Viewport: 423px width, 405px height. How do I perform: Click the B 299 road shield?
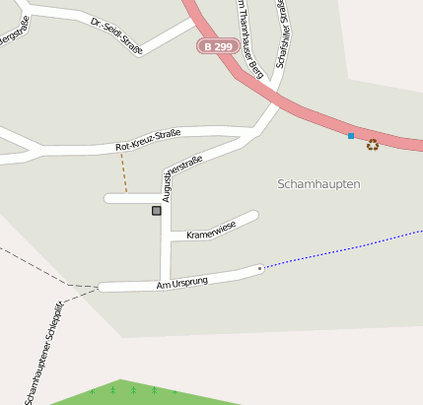(x=217, y=46)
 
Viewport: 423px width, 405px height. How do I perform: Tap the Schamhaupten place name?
(x=318, y=184)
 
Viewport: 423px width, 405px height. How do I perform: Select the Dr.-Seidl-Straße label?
(x=116, y=34)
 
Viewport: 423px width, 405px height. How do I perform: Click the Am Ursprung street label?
(x=182, y=284)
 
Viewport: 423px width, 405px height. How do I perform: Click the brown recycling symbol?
(x=373, y=145)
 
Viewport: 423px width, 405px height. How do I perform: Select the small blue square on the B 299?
(x=351, y=135)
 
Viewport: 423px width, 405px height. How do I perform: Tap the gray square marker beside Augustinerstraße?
(x=156, y=210)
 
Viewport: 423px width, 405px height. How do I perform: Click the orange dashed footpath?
(x=124, y=171)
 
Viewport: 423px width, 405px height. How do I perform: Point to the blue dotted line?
(x=345, y=249)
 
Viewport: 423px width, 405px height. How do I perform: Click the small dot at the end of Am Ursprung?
(x=259, y=268)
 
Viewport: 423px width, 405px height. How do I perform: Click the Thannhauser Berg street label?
(x=248, y=39)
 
